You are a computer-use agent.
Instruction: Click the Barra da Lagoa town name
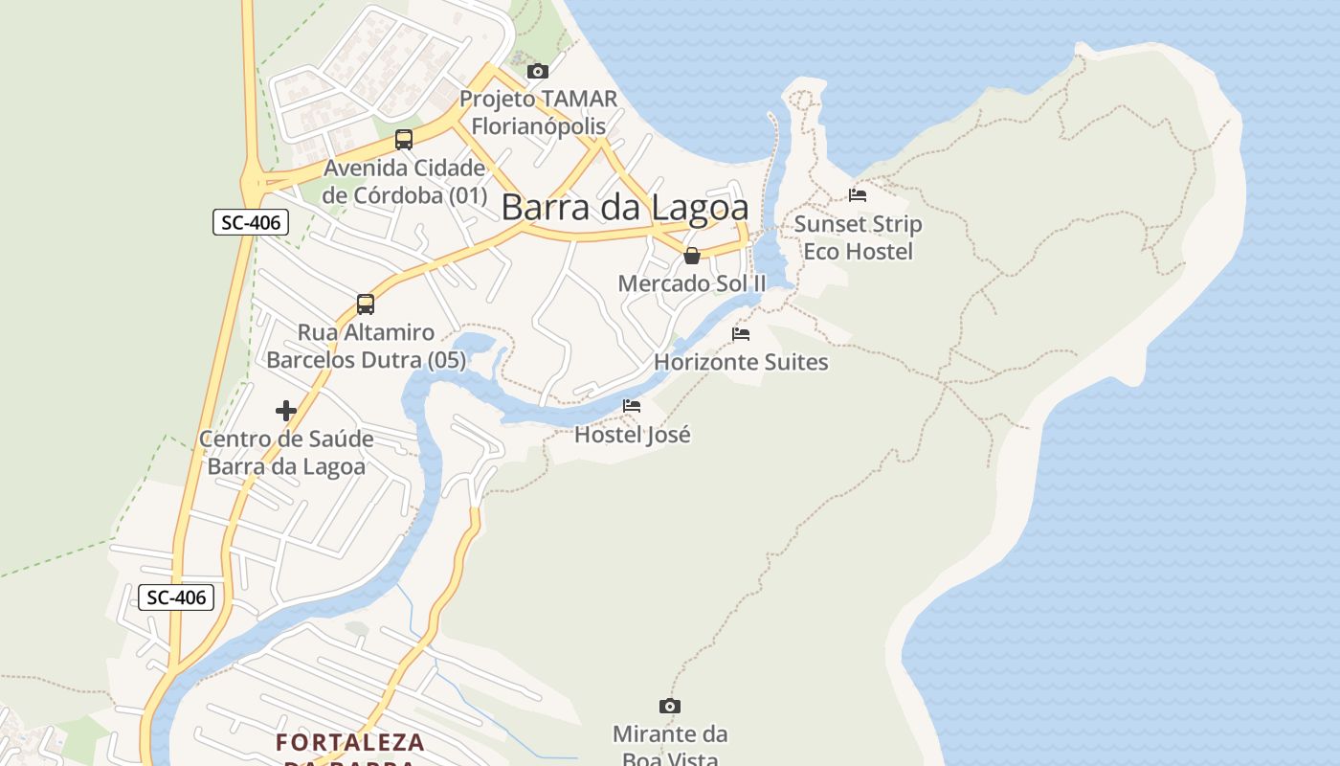624,207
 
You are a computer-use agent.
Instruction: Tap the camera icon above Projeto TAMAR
538,71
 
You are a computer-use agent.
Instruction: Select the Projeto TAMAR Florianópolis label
538,112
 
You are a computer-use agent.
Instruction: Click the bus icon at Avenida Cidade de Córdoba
404,140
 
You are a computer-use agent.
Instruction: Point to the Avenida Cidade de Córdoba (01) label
405,182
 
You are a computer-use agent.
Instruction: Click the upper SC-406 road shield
250,223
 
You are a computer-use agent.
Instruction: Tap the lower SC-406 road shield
176,597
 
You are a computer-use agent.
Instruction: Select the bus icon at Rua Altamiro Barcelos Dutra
366,304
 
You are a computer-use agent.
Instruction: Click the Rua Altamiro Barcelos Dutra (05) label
366,347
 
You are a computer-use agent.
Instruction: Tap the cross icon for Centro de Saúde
285,411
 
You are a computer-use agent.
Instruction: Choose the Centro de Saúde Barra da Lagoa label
286,453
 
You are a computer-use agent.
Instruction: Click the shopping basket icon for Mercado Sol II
691,256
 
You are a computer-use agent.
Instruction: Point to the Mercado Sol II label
692,283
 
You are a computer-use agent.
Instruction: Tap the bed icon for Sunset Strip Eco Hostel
858,195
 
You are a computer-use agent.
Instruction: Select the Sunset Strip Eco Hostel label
858,237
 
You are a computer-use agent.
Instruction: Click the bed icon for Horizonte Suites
741,334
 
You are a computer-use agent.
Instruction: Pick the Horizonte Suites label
741,362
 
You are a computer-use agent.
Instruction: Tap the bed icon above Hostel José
632,406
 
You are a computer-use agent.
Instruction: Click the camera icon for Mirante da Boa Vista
670,707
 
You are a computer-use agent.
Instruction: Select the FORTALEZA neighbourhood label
350,742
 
